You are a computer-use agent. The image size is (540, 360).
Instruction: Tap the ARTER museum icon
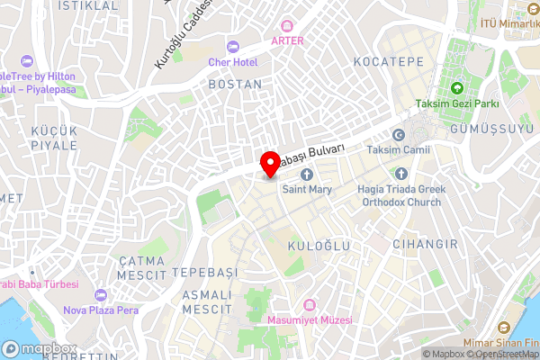point(287,25)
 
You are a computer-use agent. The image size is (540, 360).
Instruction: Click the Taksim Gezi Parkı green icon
point(456,88)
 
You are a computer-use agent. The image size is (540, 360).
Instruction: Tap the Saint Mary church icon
point(306,174)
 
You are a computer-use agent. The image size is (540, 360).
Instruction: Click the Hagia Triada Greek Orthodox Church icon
point(400,174)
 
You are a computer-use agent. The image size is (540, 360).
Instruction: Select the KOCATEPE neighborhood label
point(388,61)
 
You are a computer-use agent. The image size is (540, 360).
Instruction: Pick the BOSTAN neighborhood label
point(235,84)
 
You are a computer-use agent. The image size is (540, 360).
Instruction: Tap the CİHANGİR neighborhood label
point(426,244)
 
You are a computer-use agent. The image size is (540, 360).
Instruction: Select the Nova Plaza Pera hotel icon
point(100,295)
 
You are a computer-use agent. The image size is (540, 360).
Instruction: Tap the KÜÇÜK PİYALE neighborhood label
point(54,138)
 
